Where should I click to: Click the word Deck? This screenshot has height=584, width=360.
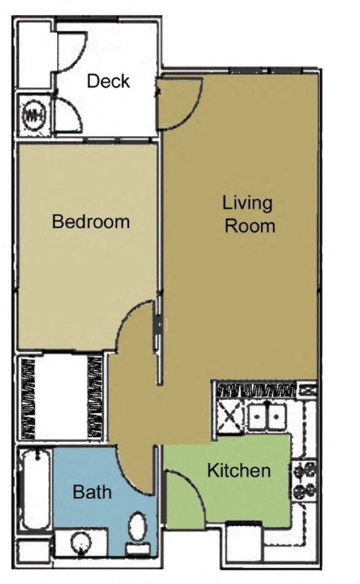coord(108,81)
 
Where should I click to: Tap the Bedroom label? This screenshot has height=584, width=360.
coord(91,222)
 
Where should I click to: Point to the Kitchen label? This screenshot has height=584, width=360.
coord(238,471)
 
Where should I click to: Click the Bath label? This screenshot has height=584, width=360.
coord(92,492)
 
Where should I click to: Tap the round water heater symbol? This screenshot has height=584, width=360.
coord(34,116)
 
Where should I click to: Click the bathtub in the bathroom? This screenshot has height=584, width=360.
coord(34,488)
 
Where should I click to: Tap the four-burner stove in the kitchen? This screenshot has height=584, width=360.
coord(306,481)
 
